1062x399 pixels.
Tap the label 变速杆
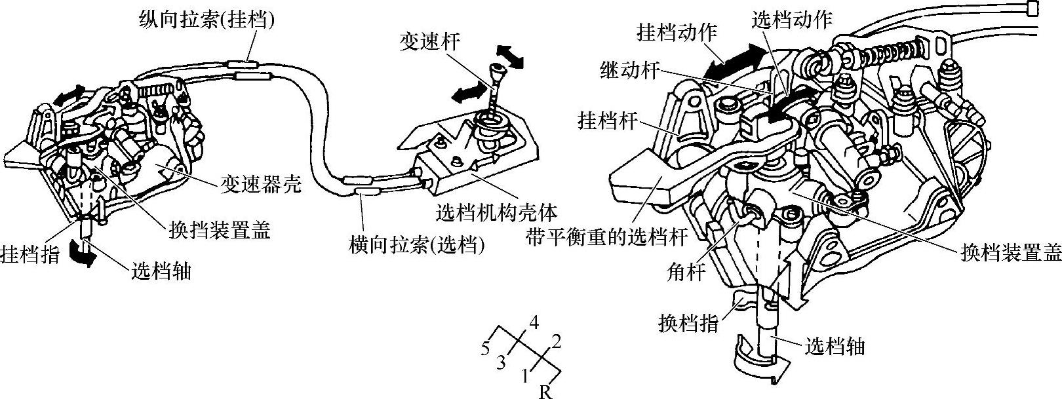coord(429,42)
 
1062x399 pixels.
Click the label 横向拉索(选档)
coord(417,246)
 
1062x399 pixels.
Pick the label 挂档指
coord(30,254)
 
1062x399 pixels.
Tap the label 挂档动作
coord(677,31)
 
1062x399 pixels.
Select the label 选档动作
coord(791,19)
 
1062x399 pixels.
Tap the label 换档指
coord(688,323)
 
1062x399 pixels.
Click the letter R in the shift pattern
coord(545,392)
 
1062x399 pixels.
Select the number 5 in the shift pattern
coord(486,349)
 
